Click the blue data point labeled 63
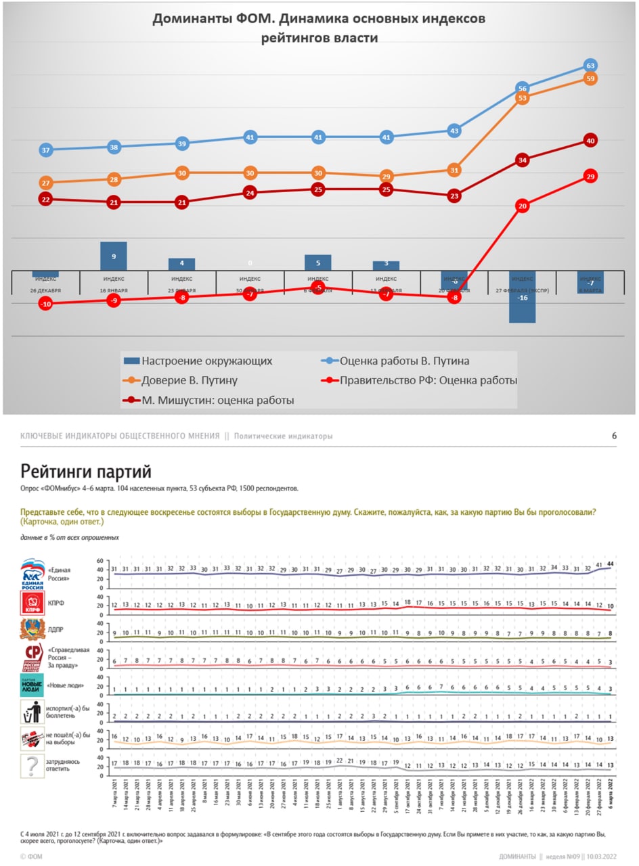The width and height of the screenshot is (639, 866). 590,66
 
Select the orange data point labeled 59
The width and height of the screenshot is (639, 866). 590,78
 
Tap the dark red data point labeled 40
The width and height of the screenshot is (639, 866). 590,141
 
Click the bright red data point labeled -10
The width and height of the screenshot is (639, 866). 46,304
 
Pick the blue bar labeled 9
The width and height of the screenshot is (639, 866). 114,256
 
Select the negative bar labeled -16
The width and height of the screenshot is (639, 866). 522,297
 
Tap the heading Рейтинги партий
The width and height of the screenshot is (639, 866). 86,471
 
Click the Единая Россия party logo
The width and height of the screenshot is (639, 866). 32,574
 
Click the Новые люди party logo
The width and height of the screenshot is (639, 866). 32,685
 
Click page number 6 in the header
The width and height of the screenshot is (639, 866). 615,436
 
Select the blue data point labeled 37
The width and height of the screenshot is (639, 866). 46,150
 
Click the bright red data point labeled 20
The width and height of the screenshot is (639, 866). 522,206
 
